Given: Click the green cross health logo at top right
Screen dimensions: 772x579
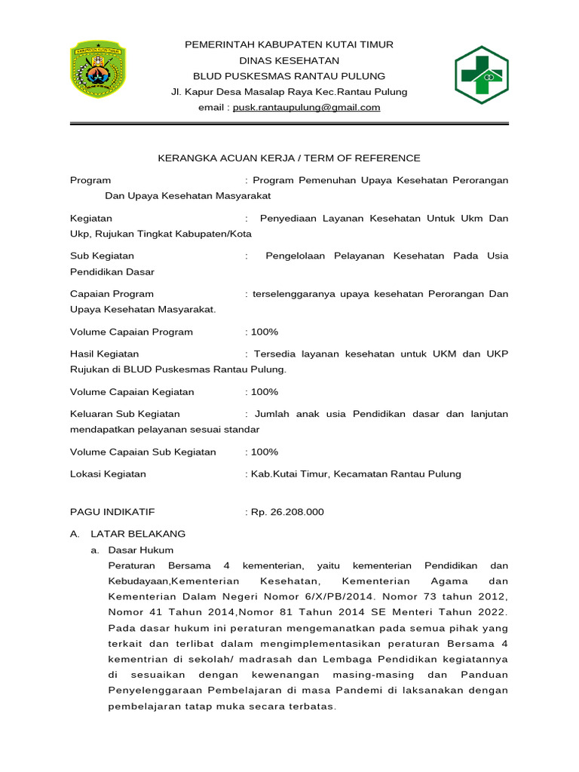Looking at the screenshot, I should [x=480, y=74].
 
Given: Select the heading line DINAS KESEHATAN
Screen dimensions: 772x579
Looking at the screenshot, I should [x=289, y=60].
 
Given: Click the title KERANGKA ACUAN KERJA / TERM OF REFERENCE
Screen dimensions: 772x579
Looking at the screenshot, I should [x=289, y=158].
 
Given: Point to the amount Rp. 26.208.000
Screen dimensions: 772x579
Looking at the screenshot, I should [x=286, y=512].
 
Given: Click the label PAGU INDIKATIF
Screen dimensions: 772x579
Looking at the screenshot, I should [x=112, y=512].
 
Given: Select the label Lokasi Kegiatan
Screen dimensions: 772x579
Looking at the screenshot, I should [x=108, y=474].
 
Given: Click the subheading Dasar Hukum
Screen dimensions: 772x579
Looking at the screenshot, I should [x=141, y=550].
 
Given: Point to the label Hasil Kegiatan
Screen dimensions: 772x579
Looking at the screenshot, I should [x=104, y=354].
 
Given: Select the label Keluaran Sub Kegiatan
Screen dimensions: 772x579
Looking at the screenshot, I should [x=124, y=414].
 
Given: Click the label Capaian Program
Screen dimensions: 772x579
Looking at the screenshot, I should [x=112, y=293].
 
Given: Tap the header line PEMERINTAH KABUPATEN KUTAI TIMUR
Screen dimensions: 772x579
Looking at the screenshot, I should [x=289, y=45].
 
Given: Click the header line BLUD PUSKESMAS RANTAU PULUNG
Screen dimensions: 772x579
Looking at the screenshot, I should [x=289, y=76].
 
